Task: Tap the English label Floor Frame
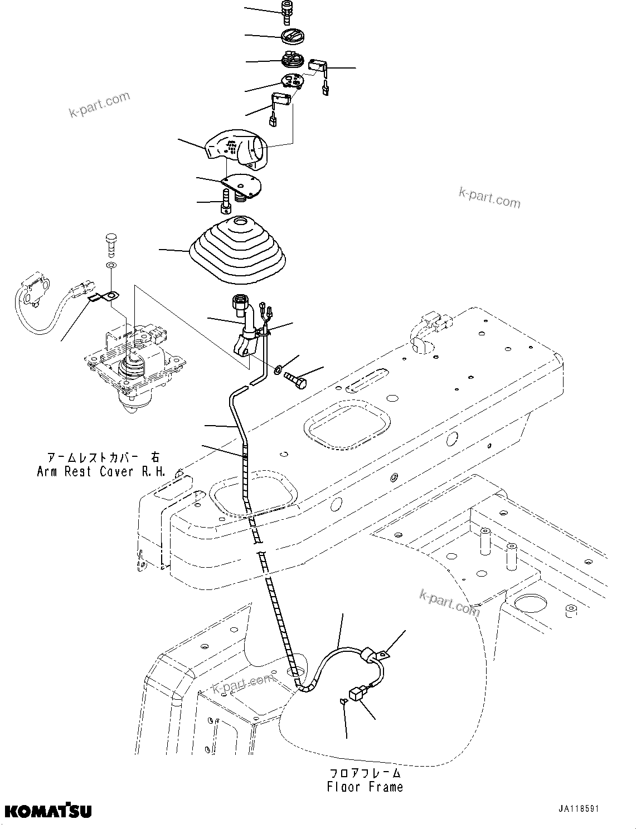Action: pyautogui.click(x=365, y=787)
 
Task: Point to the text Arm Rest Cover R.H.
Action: pyautogui.click(x=101, y=471)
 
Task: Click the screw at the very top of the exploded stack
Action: pyautogui.click(x=288, y=12)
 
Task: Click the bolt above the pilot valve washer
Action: pyautogui.click(x=110, y=243)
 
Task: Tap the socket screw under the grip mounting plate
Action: pyautogui.click(x=225, y=202)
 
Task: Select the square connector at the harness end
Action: pyautogui.click(x=356, y=694)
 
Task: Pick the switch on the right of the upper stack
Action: pyautogui.click(x=318, y=65)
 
